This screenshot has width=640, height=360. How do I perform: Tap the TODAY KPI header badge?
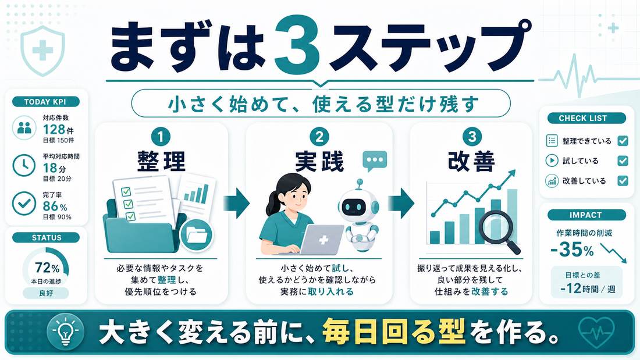pyautogui.click(x=45, y=102)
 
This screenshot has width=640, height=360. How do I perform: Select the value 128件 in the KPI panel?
pyautogui.click(x=58, y=129)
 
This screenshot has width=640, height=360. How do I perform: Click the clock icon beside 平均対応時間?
pyautogui.click(x=24, y=165)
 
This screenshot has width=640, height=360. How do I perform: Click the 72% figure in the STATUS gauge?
pyautogui.click(x=47, y=268)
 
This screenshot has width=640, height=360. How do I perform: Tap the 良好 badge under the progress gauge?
pyautogui.click(x=46, y=293)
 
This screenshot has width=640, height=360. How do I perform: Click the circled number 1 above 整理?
pyautogui.click(x=161, y=137)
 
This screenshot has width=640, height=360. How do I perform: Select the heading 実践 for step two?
pyautogui.click(x=319, y=161)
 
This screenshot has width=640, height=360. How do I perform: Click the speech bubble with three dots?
pyautogui.click(x=374, y=161)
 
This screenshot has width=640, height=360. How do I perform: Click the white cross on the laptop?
pyautogui.click(x=323, y=240)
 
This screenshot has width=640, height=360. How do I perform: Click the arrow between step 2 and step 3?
pyautogui.click(x=401, y=203)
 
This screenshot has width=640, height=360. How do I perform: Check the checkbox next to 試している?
pyautogui.click(x=623, y=161)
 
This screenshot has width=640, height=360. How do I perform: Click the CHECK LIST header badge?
pyautogui.click(x=582, y=118)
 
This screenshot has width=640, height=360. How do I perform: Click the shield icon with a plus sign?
pyautogui.click(x=42, y=51)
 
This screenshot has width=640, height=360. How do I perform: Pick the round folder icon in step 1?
pyautogui.click(x=197, y=235)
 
